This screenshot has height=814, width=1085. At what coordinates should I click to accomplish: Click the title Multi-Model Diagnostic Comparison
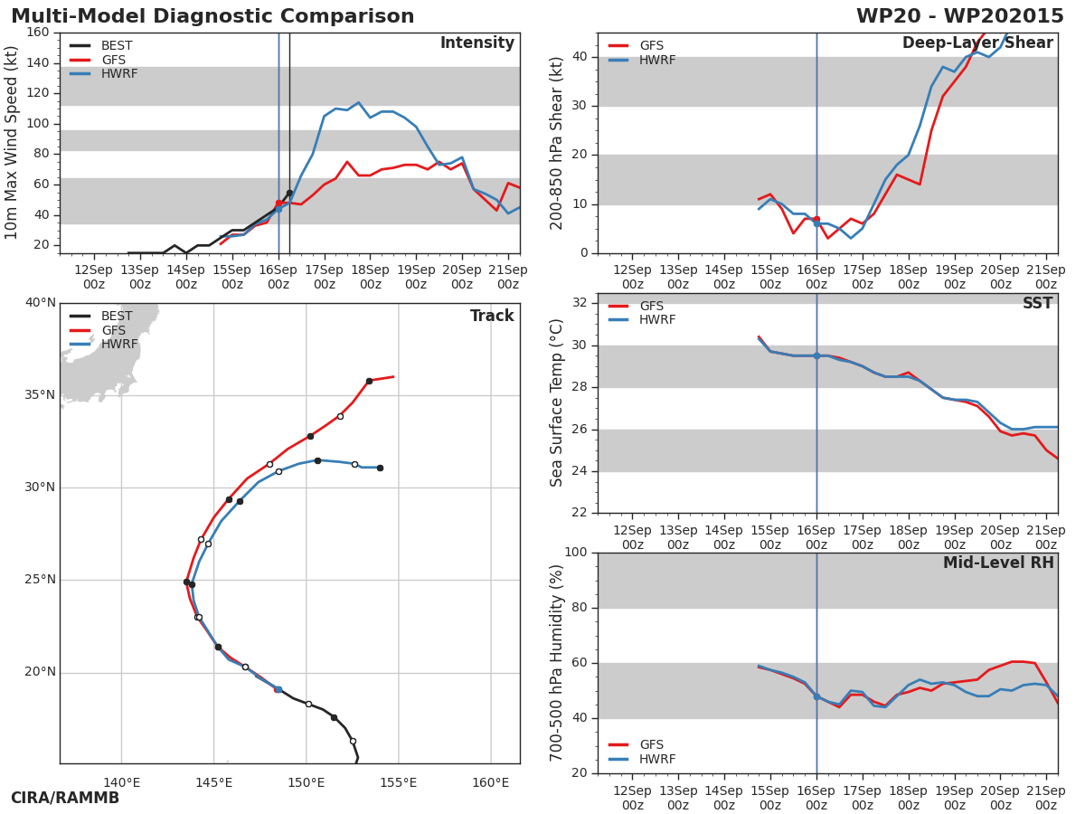click(212, 16)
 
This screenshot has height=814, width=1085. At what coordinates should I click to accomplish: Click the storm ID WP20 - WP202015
click(959, 16)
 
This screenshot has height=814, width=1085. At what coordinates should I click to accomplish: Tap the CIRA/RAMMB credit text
click(65, 798)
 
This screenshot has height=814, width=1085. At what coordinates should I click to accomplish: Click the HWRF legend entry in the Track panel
click(119, 345)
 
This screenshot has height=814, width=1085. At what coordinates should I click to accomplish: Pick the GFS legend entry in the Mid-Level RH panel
click(651, 745)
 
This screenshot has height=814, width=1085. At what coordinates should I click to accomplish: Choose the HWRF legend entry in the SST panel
click(657, 320)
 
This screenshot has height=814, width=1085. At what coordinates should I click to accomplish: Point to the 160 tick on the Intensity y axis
click(37, 33)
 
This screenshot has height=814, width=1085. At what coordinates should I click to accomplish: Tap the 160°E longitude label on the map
click(490, 782)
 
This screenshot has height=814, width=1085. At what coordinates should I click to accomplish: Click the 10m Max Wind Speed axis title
click(12, 143)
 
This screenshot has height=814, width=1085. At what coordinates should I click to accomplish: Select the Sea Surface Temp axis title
click(557, 403)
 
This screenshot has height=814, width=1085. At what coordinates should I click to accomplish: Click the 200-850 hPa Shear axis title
click(557, 143)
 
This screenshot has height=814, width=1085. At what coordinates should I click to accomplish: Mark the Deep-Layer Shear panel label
click(977, 43)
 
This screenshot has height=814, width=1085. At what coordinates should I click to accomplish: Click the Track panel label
click(492, 317)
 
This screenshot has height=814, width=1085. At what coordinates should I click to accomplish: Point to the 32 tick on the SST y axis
click(580, 303)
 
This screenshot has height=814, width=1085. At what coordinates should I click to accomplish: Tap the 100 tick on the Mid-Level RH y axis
click(575, 553)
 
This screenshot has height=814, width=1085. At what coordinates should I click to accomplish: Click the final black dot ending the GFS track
click(369, 381)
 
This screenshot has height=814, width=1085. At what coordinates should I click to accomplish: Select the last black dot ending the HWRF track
click(380, 468)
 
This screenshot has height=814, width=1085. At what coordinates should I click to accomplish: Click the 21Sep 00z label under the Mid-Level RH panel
click(1046, 798)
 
